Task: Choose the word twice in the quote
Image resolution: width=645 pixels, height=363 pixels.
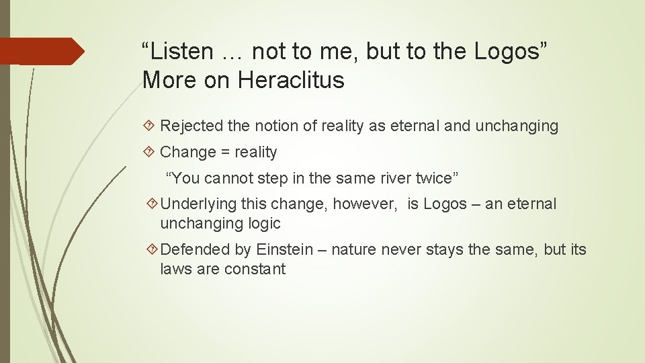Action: (436, 178)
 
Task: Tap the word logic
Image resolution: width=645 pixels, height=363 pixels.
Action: (264, 223)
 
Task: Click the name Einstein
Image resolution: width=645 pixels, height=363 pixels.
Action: (284, 250)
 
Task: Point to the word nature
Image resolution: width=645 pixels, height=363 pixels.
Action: (355, 250)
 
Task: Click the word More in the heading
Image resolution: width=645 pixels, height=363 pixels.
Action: (165, 81)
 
